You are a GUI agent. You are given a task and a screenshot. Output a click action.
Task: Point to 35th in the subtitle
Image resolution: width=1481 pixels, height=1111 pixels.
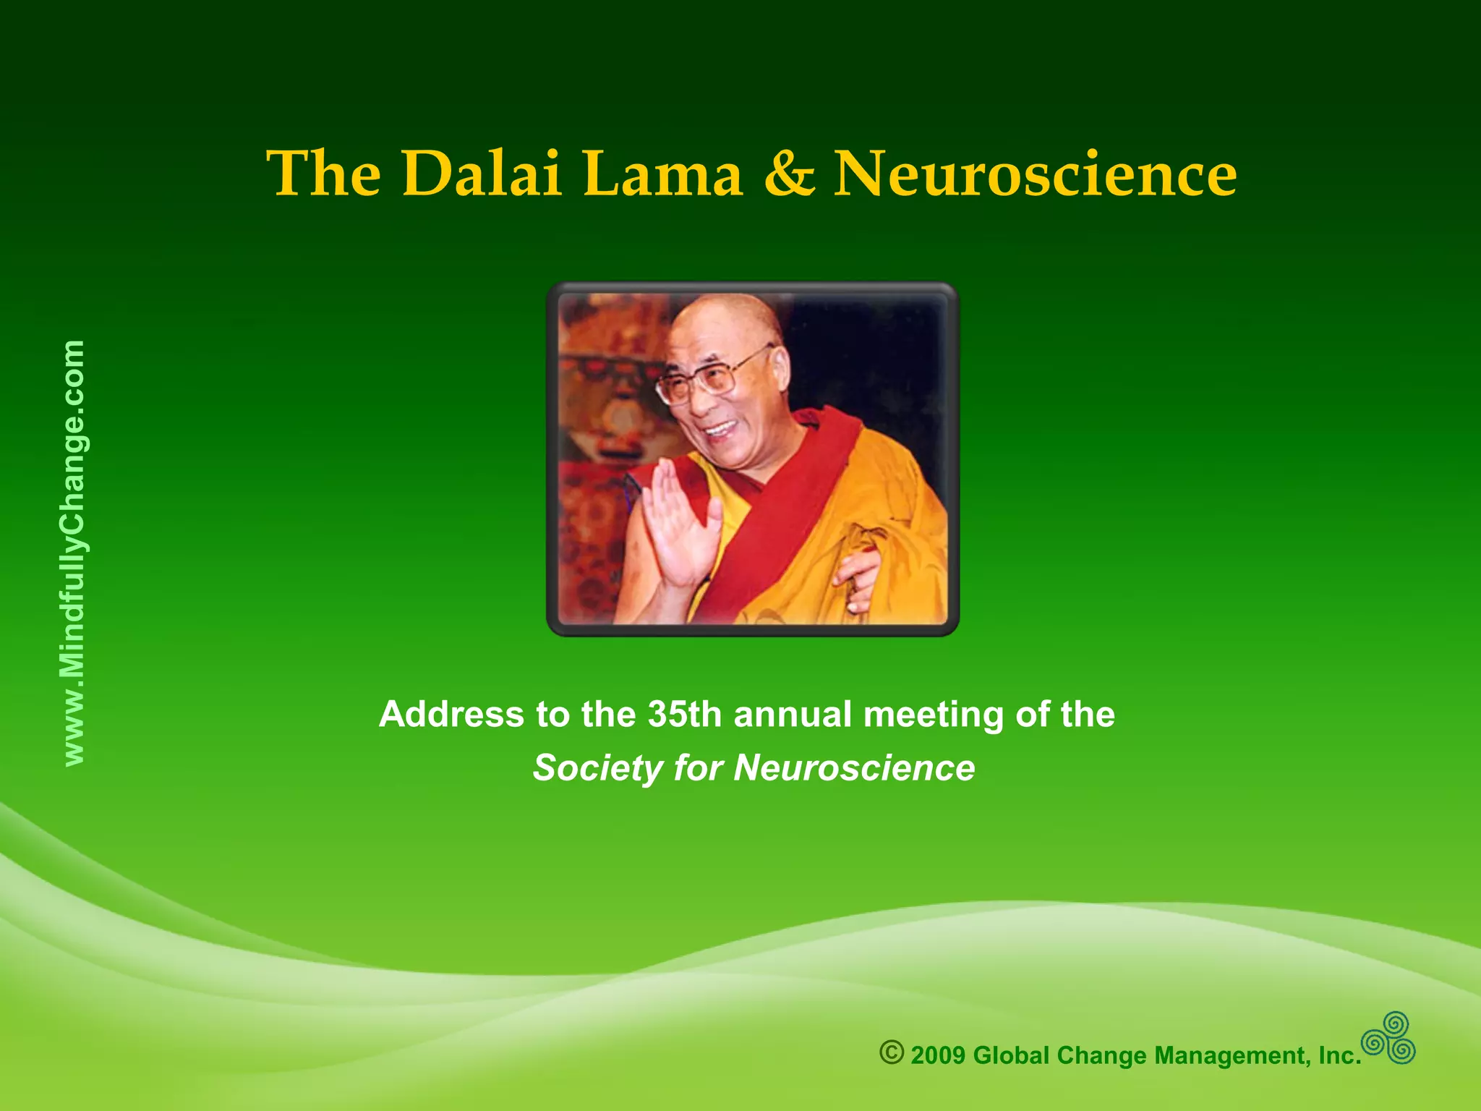point(684,715)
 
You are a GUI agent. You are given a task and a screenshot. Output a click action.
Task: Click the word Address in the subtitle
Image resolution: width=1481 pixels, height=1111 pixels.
point(451,715)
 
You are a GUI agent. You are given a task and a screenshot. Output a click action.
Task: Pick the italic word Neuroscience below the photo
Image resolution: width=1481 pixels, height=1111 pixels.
point(854,768)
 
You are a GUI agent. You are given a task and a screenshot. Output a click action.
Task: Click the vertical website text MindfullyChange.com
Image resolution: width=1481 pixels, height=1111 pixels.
point(74,553)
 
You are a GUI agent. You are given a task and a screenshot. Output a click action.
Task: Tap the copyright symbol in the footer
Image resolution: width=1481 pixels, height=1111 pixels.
point(892,1052)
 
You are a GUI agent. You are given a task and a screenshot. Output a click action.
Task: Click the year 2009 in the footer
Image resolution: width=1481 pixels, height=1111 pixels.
point(938,1055)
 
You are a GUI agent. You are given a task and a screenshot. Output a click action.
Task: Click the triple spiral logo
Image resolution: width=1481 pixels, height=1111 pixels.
point(1388,1038)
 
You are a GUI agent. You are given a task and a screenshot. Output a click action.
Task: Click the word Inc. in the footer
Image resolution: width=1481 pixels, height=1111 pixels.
point(1340,1055)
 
